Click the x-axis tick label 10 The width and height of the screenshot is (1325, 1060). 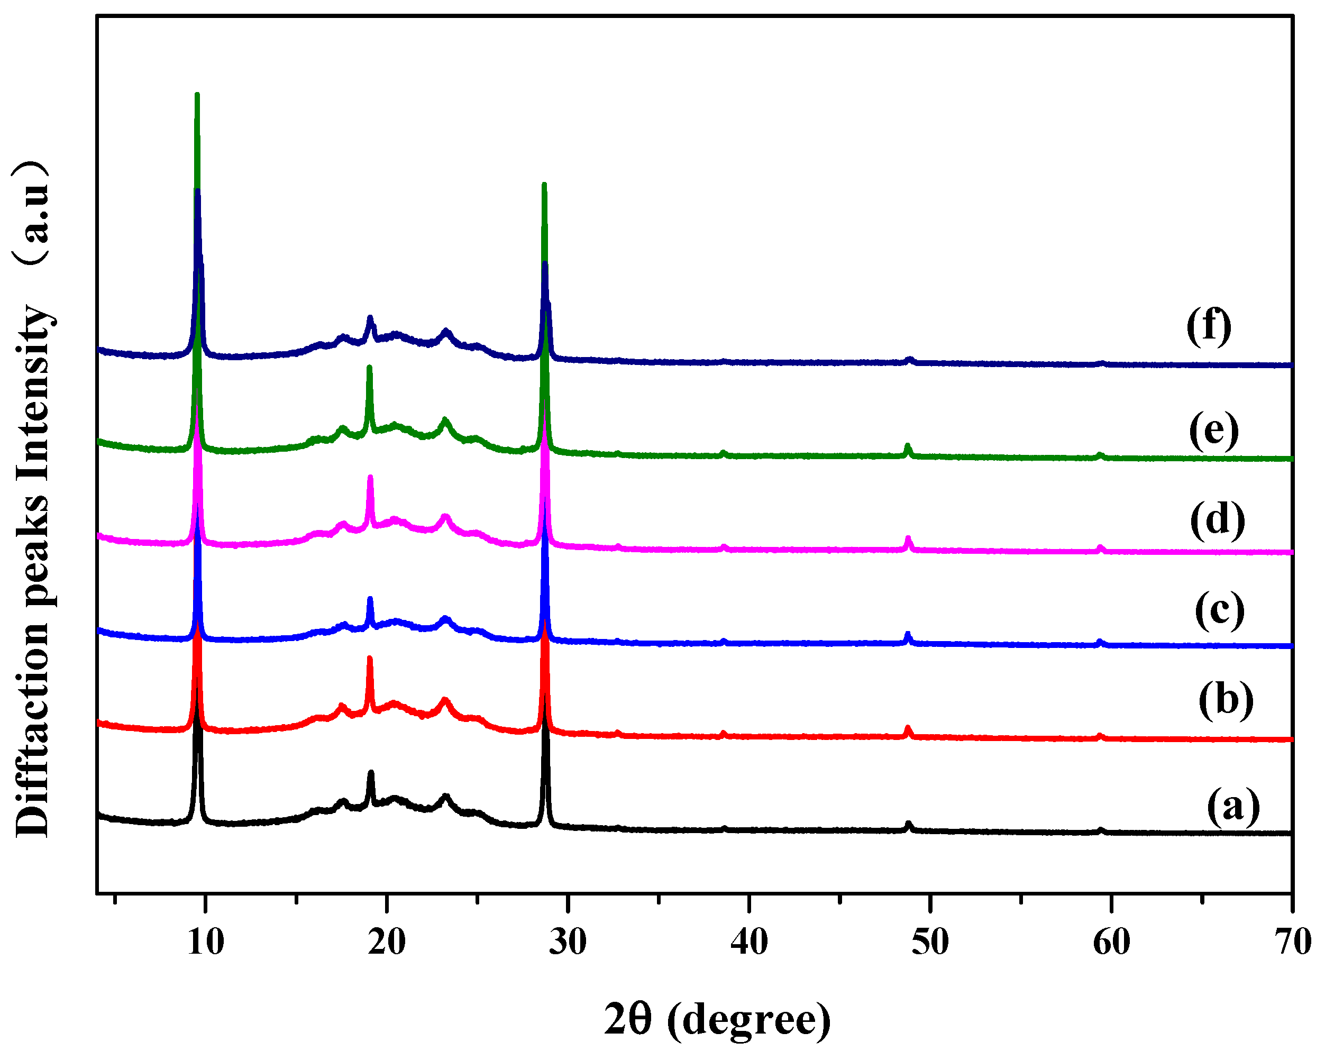(x=205, y=942)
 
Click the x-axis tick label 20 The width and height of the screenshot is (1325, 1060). (x=387, y=942)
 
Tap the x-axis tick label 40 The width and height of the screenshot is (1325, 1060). (x=749, y=942)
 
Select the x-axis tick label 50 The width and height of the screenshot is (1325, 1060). (x=930, y=942)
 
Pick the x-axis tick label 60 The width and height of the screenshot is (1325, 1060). (x=1112, y=942)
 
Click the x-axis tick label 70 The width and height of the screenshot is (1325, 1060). (x=1292, y=942)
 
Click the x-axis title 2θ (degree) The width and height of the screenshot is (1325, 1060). (x=717, y=1019)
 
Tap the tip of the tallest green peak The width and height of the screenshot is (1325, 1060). (x=197, y=95)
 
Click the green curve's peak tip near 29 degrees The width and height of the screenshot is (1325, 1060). (x=544, y=185)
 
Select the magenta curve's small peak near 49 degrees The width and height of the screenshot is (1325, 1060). (x=908, y=538)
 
